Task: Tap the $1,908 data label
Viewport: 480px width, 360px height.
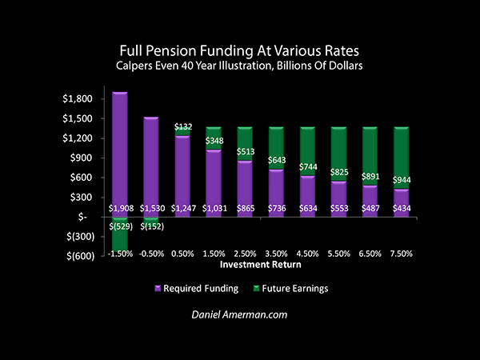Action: pos(120,208)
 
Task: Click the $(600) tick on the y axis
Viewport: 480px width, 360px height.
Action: pos(74,256)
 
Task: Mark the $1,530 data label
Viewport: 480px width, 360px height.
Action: pos(152,208)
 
